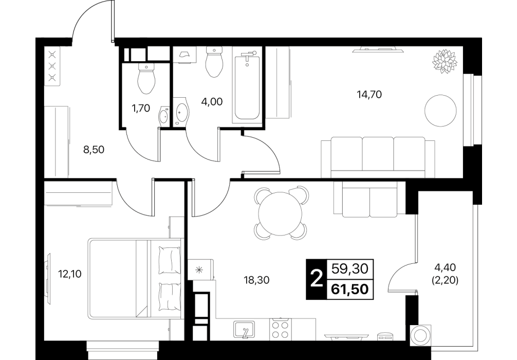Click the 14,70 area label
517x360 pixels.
tap(369, 95)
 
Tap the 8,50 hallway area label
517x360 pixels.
tap(94, 150)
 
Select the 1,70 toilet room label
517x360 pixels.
tap(141, 108)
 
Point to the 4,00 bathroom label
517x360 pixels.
tap(212, 102)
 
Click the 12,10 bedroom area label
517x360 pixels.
tap(69, 274)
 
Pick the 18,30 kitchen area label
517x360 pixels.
tap(256, 280)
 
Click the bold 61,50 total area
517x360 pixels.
tap(349, 290)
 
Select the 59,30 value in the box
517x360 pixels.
tap(349, 269)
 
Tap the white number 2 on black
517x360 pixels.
tap(317, 279)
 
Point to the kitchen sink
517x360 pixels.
tap(244, 329)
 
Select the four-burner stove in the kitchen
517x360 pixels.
tap(280, 329)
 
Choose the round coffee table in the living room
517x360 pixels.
tap(440, 111)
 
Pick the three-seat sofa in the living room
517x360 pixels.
tap(378, 157)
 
